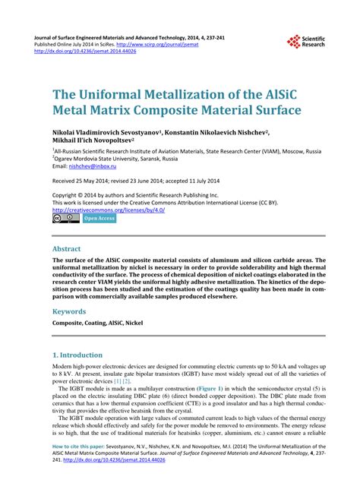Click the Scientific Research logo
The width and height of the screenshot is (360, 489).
(x=306, y=42)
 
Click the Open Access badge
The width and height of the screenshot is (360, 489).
(x=99, y=219)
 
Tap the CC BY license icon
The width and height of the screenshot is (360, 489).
(x=65, y=219)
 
